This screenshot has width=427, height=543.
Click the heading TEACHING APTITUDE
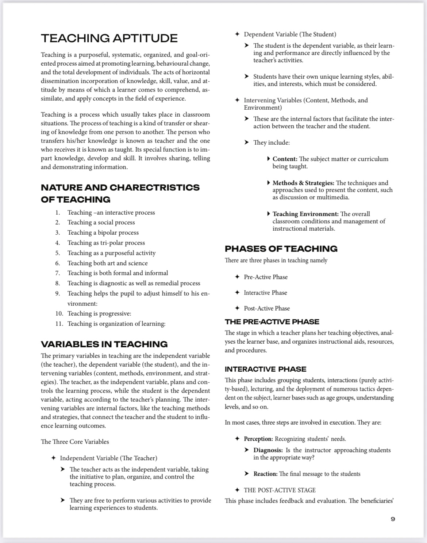tap(109, 38)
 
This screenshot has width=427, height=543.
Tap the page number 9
tap(393, 519)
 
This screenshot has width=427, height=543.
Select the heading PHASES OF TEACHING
tap(281, 249)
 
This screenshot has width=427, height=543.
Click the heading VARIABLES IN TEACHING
tap(104, 344)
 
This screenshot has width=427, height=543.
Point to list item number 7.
tap(58, 273)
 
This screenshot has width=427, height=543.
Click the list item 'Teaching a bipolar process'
tap(103, 233)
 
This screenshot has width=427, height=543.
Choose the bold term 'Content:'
tap(285, 159)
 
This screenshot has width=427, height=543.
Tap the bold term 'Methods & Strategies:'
tap(303, 183)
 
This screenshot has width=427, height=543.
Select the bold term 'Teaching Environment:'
tap(305, 214)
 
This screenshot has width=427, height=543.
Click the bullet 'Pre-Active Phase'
tap(266, 277)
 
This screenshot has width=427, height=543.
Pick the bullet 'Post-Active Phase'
tap(267, 308)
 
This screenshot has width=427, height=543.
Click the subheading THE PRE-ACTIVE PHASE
tap(272, 322)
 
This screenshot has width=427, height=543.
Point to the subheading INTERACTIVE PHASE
tap(265, 369)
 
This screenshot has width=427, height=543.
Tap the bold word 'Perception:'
tap(258, 439)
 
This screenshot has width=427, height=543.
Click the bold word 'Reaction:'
tap(266, 474)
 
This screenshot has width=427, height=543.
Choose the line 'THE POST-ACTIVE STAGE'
tap(280, 490)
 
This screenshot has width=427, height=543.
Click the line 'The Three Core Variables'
tap(75, 442)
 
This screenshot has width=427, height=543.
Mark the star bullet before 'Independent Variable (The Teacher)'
tap(53, 458)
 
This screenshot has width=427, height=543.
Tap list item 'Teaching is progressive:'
tap(99, 313)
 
